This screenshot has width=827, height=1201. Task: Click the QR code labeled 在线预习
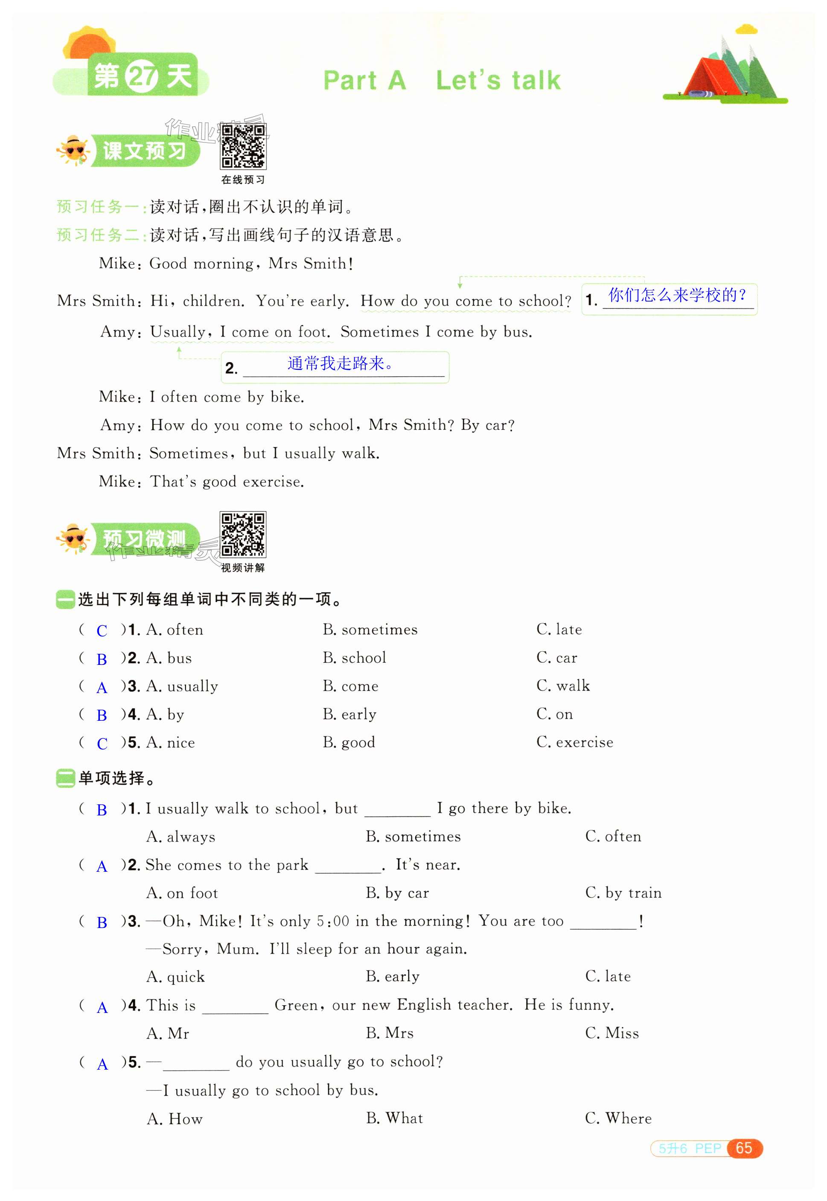(243, 147)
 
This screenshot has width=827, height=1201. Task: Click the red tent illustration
(699, 78)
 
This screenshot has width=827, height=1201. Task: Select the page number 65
(744, 1148)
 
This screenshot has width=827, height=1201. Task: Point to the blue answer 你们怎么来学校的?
(677, 295)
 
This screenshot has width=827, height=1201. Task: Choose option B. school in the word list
(355, 658)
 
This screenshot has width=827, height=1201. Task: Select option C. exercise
(575, 742)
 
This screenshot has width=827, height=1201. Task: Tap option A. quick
(176, 977)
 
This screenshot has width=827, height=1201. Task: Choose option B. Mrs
(390, 1033)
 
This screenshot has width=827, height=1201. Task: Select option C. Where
(618, 1118)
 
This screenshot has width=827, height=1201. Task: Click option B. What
(394, 1118)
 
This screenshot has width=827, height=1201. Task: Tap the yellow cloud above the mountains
(746, 29)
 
